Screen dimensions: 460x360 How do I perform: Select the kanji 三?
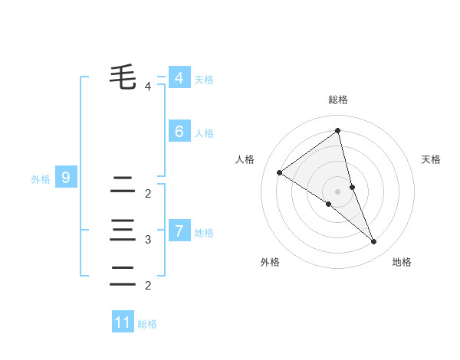click(123, 230)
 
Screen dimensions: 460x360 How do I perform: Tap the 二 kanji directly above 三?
click(123, 184)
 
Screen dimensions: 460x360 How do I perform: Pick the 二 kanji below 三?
click(123, 276)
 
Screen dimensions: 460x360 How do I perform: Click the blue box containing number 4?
click(179, 78)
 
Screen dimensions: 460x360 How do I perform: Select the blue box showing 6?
click(179, 132)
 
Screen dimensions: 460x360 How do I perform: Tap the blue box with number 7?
click(179, 231)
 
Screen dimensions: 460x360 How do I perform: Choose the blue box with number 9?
click(66, 178)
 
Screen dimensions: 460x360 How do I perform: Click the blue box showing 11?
click(123, 322)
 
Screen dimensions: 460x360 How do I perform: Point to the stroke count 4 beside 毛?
click(148, 87)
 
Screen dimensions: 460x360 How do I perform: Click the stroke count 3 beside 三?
click(148, 240)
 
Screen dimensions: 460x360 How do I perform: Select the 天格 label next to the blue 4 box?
click(204, 80)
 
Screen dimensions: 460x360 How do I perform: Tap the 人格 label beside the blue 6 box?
click(204, 133)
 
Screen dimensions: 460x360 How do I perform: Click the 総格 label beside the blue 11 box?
click(147, 324)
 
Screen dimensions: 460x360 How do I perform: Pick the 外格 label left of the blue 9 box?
click(41, 180)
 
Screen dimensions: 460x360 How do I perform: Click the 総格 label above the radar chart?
click(338, 100)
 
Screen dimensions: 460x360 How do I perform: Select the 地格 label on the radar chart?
click(402, 262)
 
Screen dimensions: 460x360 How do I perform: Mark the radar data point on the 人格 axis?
click(280, 172)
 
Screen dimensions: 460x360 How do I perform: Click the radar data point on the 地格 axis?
click(374, 242)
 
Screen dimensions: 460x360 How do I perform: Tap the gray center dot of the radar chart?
click(338, 191)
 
